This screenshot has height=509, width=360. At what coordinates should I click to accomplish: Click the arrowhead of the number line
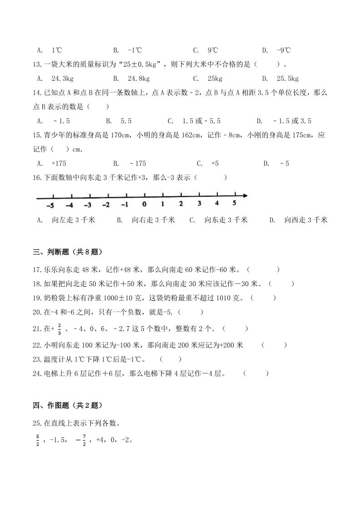[x=246, y=196]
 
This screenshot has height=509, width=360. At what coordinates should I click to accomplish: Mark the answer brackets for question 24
[x=256, y=373]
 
